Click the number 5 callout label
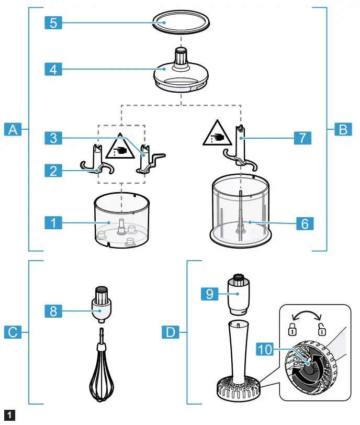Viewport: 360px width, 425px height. click(x=53, y=24)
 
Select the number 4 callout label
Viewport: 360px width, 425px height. click(x=53, y=69)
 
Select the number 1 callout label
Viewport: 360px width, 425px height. click(x=53, y=223)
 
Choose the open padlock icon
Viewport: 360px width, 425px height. click(x=322, y=330)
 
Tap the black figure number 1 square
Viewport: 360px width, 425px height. click(x=8, y=416)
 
